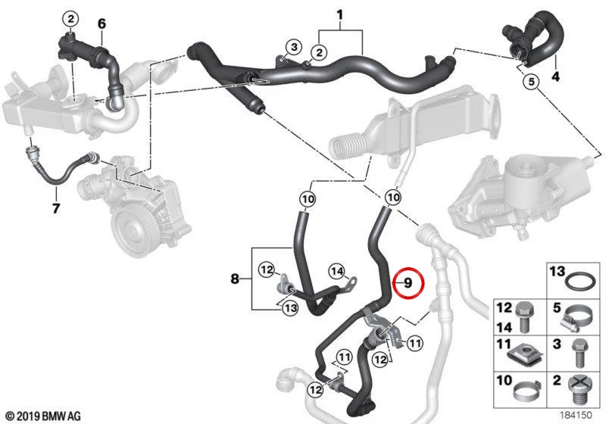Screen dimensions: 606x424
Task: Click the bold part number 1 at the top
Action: click(339, 15)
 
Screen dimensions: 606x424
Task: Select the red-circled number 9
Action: click(408, 283)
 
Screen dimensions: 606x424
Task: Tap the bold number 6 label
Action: click(102, 23)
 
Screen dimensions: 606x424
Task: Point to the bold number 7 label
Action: click(56, 208)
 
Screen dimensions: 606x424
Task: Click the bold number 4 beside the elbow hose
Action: click(555, 76)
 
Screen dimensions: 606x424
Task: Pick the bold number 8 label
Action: click(235, 279)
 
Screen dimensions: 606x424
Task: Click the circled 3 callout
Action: click(294, 48)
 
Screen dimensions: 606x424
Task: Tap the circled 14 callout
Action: click(336, 272)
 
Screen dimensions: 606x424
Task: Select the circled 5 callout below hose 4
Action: click(531, 82)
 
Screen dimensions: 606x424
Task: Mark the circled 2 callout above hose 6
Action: click(70, 18)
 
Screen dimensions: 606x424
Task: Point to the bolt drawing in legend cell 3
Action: click(579, 353)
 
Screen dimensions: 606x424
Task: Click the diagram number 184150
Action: click(576, 415)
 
